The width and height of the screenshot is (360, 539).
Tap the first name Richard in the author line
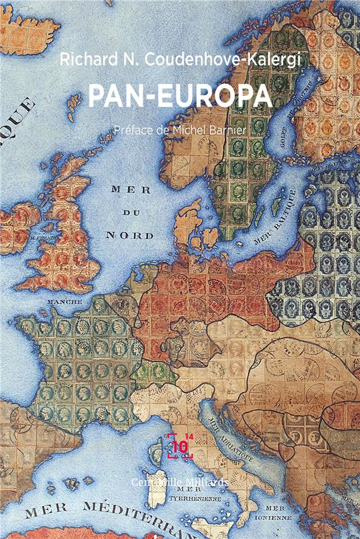(x=79, y=58)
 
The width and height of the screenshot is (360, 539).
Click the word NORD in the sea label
(x=137, y=235)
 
